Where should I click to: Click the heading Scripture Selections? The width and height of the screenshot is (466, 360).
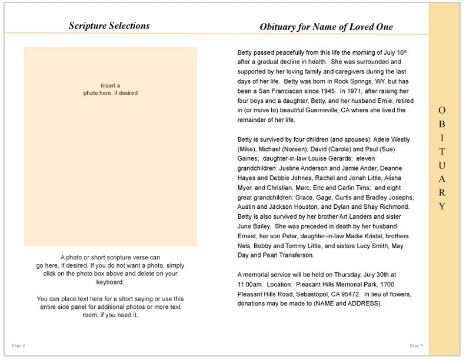pyautogui.click(x=109, y=26)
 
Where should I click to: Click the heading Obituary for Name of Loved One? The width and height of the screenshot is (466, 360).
pyautogui.click(x=326, y=27)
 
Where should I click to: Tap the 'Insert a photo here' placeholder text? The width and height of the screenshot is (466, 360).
pyautogui.click(x=110, y=89)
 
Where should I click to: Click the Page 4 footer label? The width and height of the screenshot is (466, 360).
pyautogui.click(x=18, y=345)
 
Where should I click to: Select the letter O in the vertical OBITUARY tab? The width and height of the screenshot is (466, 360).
pyautogui.click(x=442, y=111)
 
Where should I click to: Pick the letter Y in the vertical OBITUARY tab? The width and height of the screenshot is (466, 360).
pyautogui.click(x=442, y=206)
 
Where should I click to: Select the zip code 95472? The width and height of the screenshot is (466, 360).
pyautogui.click(x=348, y=294)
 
